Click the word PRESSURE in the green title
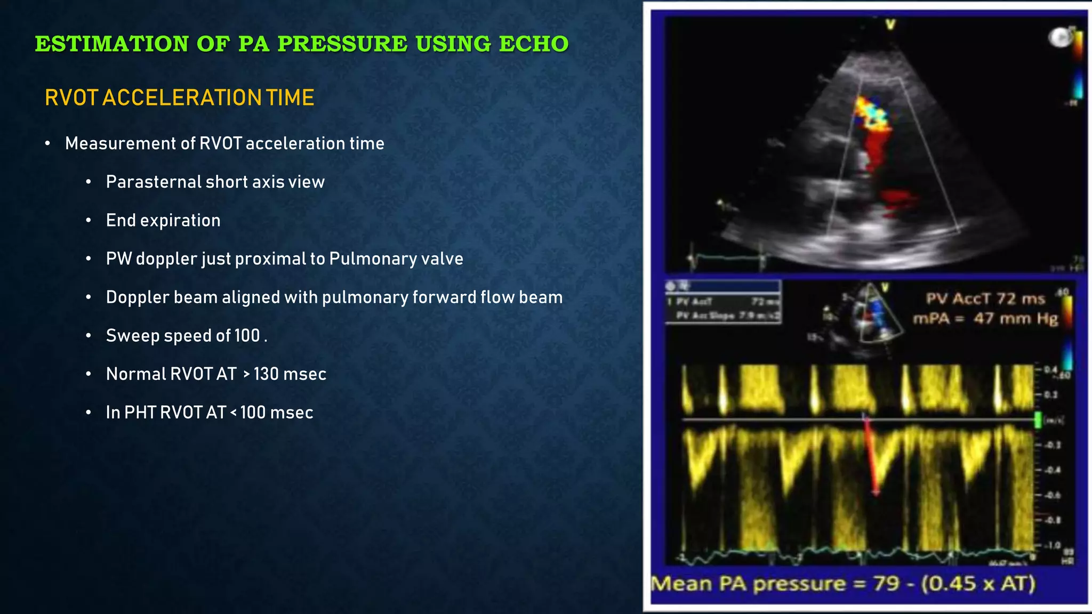(x=342, y=44)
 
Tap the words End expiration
(x=163, y=220)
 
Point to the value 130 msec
(x=290, y=374)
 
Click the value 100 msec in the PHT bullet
(x=276, y=413)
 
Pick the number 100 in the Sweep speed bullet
(x=247, y=336)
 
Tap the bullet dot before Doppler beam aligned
(x=89, y=297)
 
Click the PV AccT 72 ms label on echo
(x=985, y=298)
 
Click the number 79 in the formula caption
(x=886, y=584)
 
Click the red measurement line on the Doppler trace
(x=871, y=456)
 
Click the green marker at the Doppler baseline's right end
(x=1038, y=420)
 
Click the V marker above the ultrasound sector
(x=890, y=24)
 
